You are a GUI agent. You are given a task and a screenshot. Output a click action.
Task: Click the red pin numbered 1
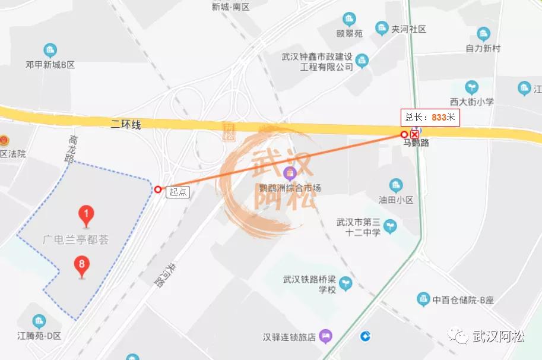coord(87,215)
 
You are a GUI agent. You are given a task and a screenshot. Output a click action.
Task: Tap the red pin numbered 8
coord(82,266)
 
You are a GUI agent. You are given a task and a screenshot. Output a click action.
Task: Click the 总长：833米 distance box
coord(430,117)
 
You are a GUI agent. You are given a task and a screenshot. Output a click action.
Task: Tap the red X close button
coord(415,134)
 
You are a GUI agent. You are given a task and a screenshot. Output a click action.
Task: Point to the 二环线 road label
coord(125,124)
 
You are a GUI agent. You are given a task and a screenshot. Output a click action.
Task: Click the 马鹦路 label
coord(416,143)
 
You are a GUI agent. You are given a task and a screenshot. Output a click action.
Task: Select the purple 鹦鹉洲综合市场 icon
coord(290,174)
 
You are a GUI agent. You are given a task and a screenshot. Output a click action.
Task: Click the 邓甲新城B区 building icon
coord(50,50)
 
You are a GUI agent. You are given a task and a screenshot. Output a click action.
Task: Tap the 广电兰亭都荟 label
coord(75,239)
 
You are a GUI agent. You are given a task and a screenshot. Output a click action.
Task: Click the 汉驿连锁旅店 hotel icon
coord(325,337)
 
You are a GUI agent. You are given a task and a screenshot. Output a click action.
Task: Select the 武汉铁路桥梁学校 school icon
coord(346,284)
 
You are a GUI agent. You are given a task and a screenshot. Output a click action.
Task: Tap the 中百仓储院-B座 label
coord(463,300)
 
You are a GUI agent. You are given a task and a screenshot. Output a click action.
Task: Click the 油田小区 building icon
coord(396,185)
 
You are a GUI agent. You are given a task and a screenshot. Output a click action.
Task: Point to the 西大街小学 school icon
coord(471,87)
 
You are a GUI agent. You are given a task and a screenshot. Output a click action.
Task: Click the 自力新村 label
coord(483,48)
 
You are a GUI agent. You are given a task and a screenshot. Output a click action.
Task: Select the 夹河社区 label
coord(408,29)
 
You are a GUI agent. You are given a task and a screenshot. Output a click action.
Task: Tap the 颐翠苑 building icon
coord(349,19)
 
